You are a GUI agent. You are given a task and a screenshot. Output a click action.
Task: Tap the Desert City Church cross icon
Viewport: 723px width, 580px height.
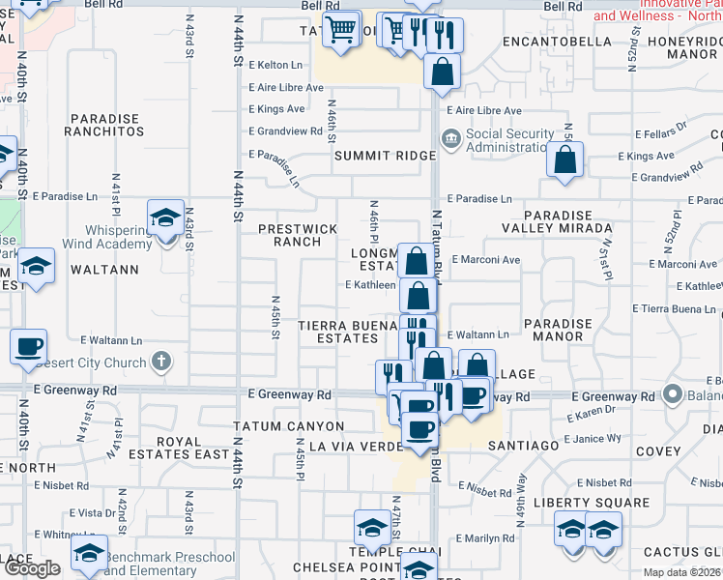click(x=161, y=363)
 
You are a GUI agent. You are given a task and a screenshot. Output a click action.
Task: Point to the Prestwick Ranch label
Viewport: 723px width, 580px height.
click(x=298, y=235)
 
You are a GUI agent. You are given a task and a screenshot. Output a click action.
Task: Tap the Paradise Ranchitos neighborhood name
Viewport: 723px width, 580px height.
click(x=103, y=125)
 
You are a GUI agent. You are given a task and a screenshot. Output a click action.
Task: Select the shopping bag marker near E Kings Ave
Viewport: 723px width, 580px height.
click(x=564, y=159)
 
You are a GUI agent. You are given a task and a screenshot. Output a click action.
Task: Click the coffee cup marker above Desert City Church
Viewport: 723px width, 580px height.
click(x=28, y=345)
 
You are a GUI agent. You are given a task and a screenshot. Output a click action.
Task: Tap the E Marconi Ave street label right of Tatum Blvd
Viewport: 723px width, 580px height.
click(x=485, y=260)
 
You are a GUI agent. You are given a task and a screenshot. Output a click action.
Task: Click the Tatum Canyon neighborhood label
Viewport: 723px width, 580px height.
click(x=288, y=426)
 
